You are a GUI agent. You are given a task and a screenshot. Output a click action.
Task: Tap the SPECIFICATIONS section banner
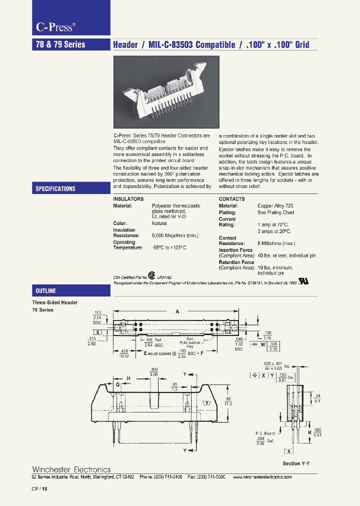[x=55, y=188]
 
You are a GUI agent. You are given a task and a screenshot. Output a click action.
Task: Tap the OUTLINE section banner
[x=45, y=290]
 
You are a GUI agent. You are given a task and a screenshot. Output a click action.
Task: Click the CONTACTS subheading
[x=232, y=198]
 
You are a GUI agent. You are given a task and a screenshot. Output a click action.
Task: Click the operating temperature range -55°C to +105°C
[x=173, y=247]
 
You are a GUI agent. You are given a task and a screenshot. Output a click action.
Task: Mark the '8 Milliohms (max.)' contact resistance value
[x=276, y=243]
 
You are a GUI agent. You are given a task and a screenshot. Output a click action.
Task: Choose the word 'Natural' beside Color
[x=159, y=223]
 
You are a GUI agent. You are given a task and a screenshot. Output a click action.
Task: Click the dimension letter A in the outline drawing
[x=177, y=311]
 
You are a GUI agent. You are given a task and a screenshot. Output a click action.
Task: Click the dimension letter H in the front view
[x=128, y=378]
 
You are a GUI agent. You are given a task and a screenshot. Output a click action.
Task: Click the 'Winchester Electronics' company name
[x=71, y=469]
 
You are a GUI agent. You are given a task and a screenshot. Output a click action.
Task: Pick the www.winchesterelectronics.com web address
[x=262, y=477]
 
